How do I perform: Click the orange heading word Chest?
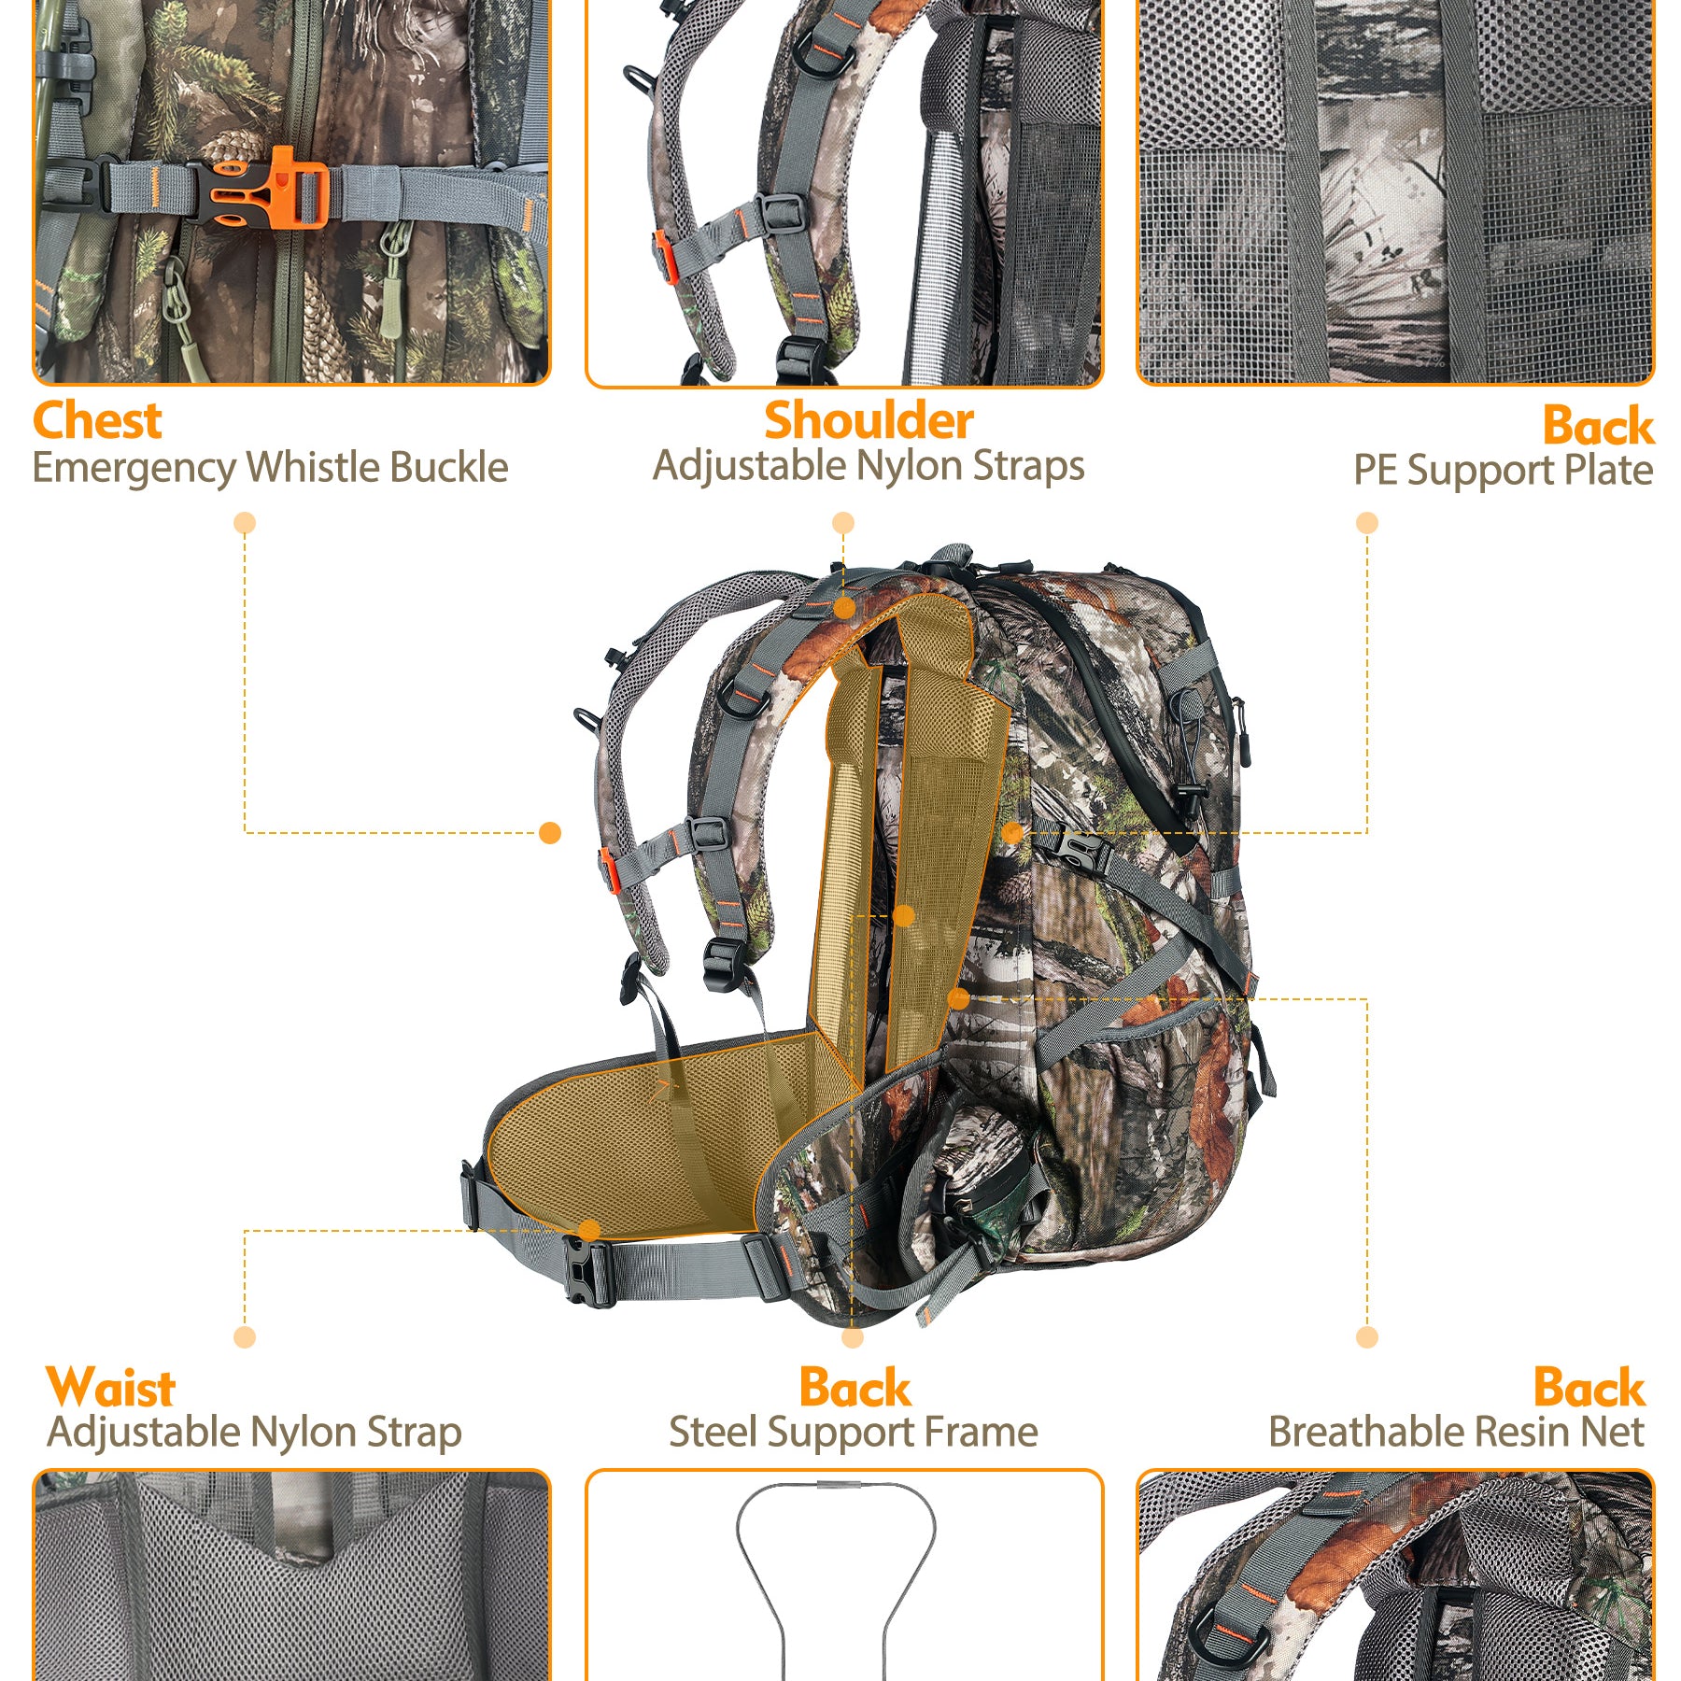[x=97, y=420]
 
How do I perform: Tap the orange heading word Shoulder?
[x=869, y=420]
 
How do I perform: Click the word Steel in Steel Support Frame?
[x=712, y=1432]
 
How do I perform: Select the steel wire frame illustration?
[x=836, y=1578]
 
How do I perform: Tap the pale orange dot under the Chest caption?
[x=245, y=523]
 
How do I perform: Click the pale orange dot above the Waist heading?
[x=245, y=1337]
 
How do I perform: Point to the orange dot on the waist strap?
[x=588, y=1230]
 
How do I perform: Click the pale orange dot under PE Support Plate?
[x=1367, y=523]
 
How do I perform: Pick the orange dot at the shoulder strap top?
[x=844, y=609]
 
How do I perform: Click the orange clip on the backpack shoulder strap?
[x=609, y=869]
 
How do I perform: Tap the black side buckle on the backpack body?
[x=1083, y=853]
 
